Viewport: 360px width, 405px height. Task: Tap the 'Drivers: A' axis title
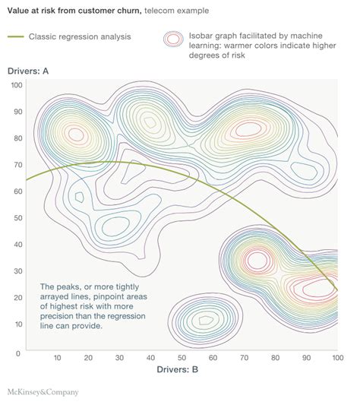pyautogui.click(x=28, y=71)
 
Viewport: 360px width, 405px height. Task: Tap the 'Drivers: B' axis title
pyautogui.click(x=177, y=369)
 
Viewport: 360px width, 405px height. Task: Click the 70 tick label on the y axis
pyautogui.click(x=17, y=164)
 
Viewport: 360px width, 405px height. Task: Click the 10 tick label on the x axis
pyautogui.click(x=57, y=358)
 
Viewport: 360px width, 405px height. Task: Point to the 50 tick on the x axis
pyautogui.click(x=181, y=358)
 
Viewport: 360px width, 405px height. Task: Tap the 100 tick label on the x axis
pyautogui.click(x=335, y=358)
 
